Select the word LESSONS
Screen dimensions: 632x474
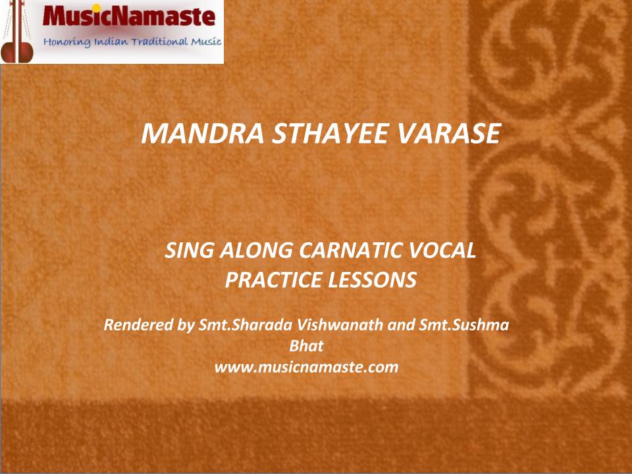click(x=372, y=280)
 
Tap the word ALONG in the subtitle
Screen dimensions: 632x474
click(x=256, y=250)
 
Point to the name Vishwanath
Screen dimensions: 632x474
click(x=340, y=325)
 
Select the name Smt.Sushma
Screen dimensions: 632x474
click(x=464, y=325)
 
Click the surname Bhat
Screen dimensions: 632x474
click(x=306, y=346)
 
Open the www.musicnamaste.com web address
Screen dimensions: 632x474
click(x=306, y=367)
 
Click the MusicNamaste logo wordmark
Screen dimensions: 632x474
click(x=129, y=16)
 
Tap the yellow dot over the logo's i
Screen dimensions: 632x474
click(x=97, y=8)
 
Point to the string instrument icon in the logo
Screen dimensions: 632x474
click(x=17, y=32)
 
